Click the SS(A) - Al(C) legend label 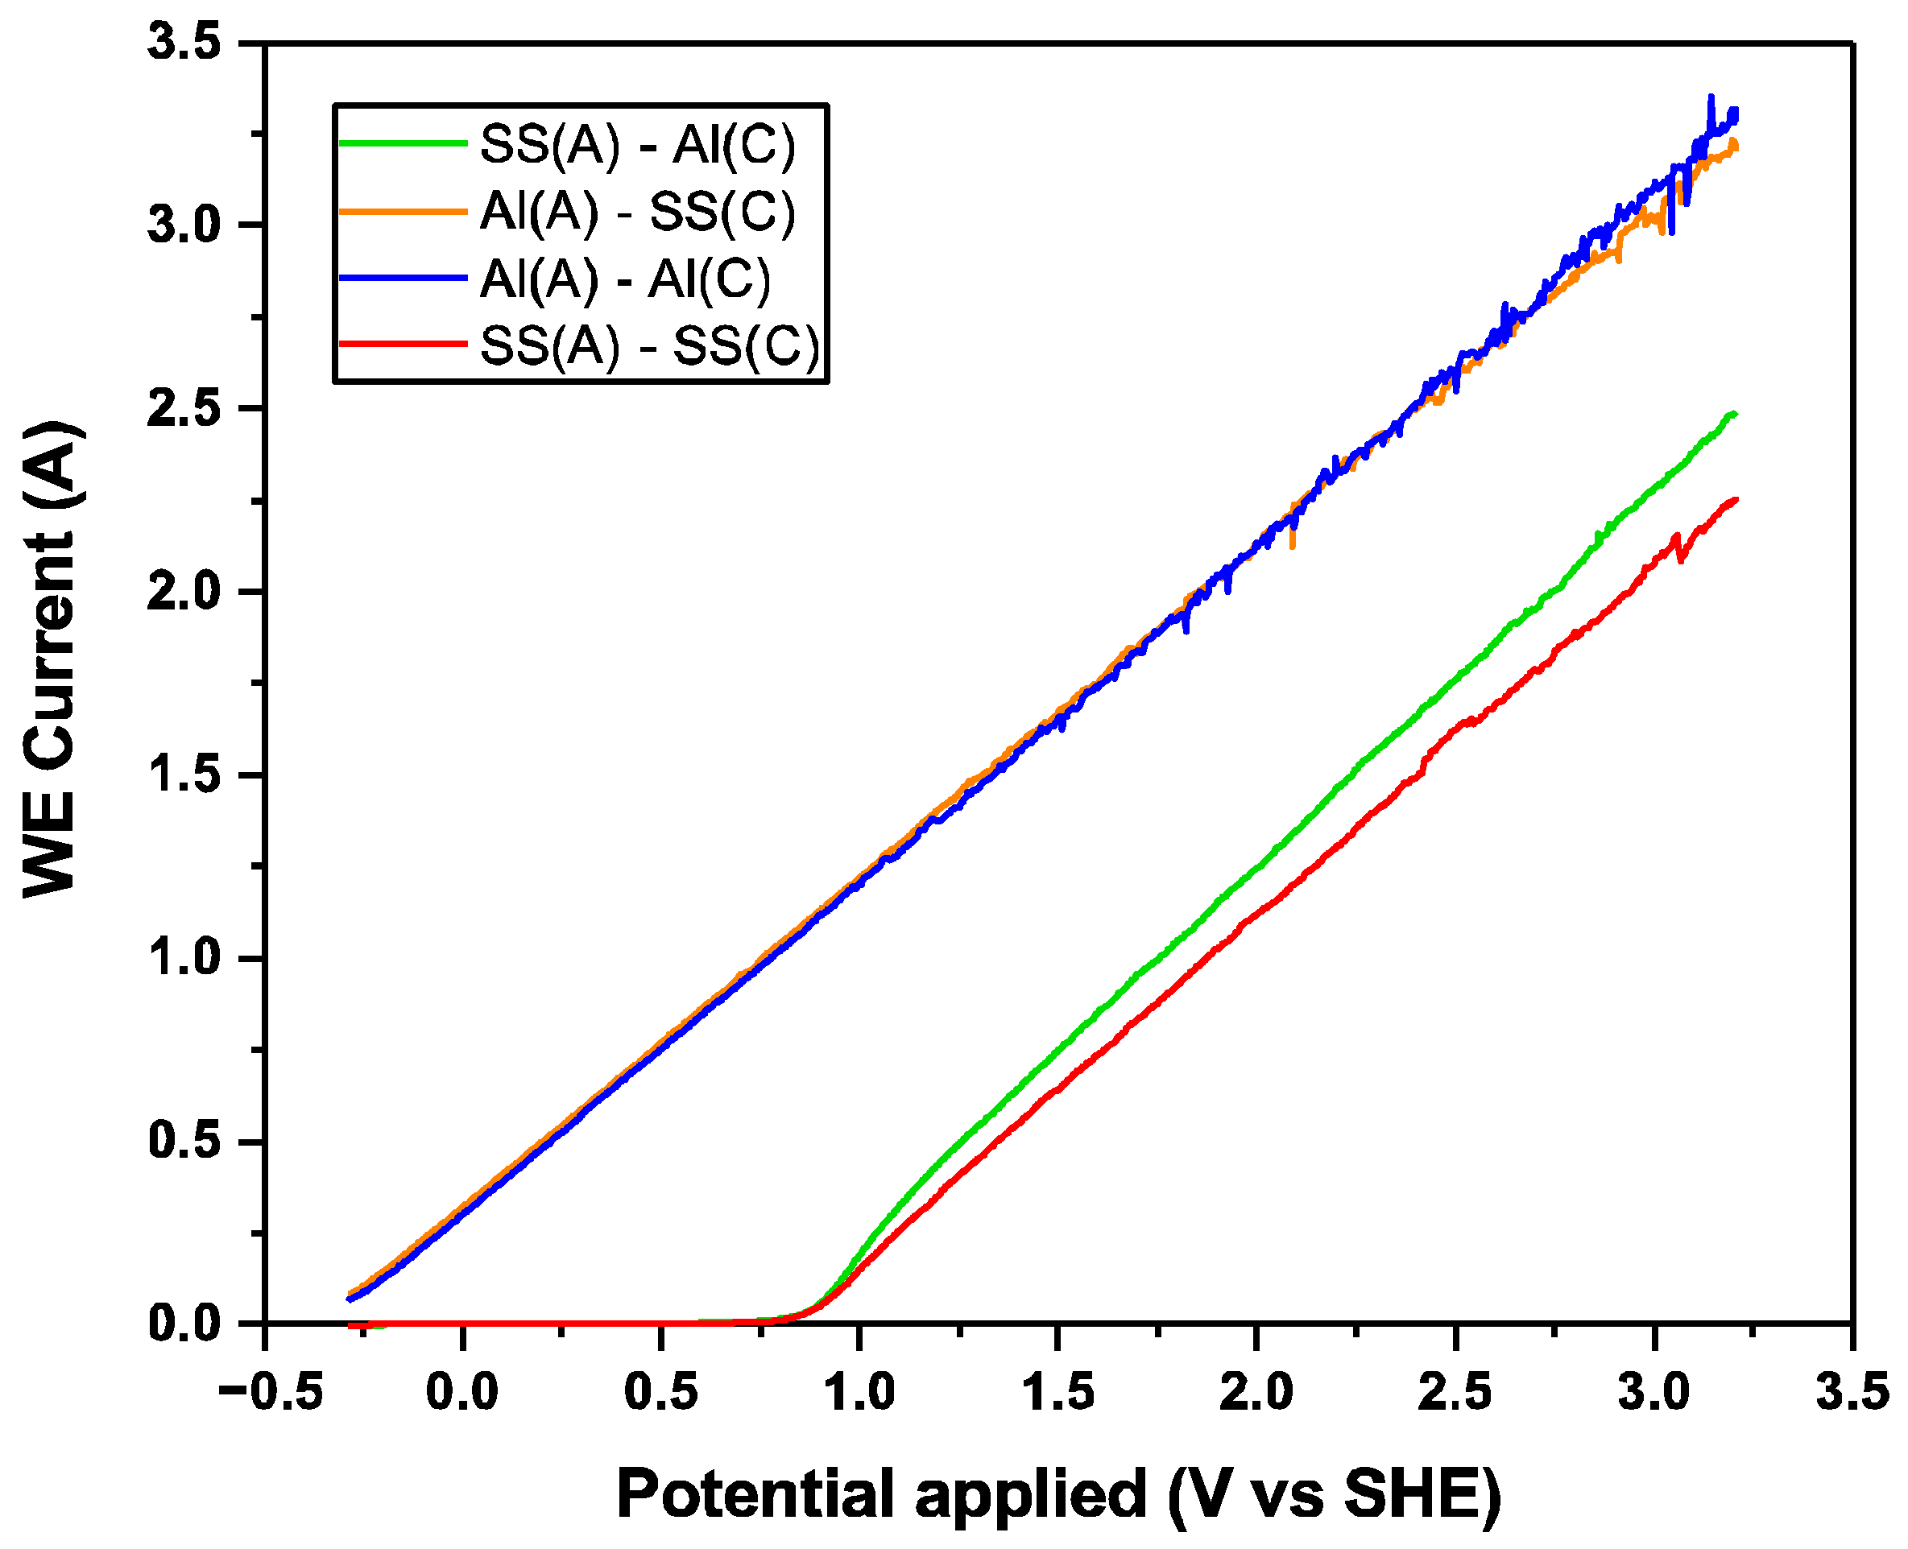637,145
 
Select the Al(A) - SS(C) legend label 637,213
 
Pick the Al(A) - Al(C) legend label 625,279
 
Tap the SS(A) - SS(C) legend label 649,346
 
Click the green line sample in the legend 403,143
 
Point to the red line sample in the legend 403,345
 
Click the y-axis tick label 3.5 184,43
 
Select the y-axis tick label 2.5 184,410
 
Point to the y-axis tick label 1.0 184,957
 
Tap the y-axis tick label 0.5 184,1140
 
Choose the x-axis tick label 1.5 1057,1393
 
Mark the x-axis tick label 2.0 1256,1393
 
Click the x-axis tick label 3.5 1852,1393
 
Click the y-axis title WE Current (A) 52,660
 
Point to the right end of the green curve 1734,413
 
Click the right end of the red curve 1735,500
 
